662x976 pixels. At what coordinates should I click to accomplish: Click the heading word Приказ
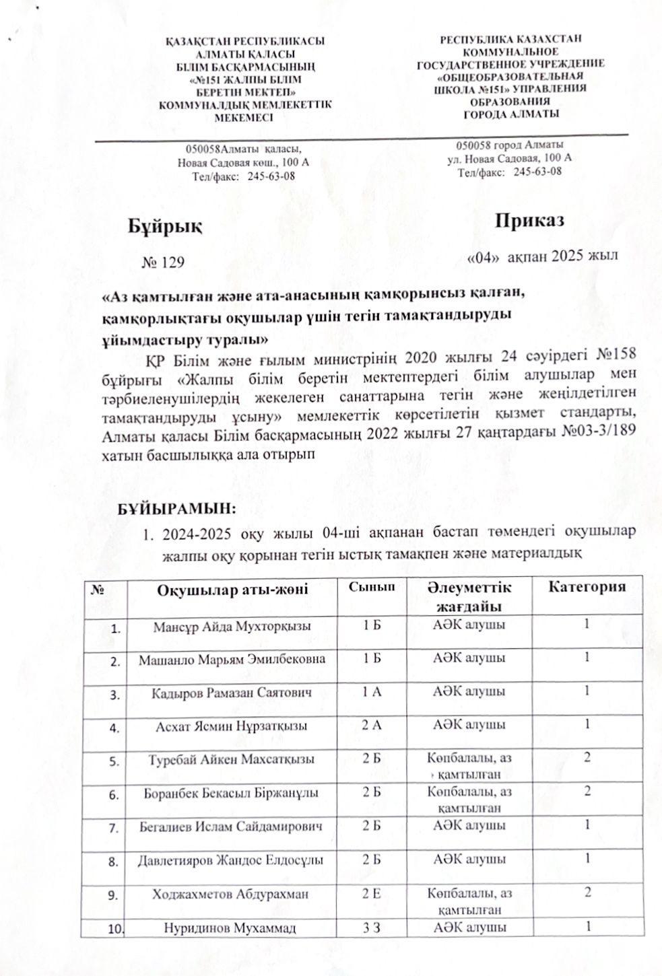coord(529,220)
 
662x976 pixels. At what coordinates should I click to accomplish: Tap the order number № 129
coord(162,262)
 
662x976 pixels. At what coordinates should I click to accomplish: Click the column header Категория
coord(587,586)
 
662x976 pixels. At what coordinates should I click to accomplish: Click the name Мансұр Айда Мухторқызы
coord(232,627)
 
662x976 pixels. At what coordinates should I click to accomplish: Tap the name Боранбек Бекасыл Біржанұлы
coord(232,793)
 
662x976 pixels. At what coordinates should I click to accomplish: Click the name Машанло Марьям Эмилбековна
coord(232,659)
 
